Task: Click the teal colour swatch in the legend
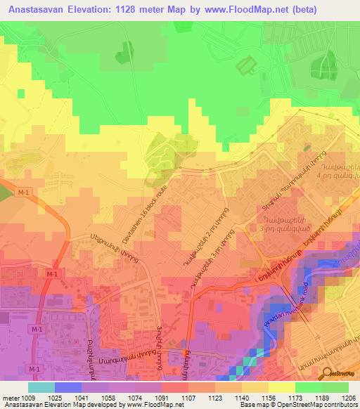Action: tap(41, 387)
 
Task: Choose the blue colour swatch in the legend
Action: tap(67, 387)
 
